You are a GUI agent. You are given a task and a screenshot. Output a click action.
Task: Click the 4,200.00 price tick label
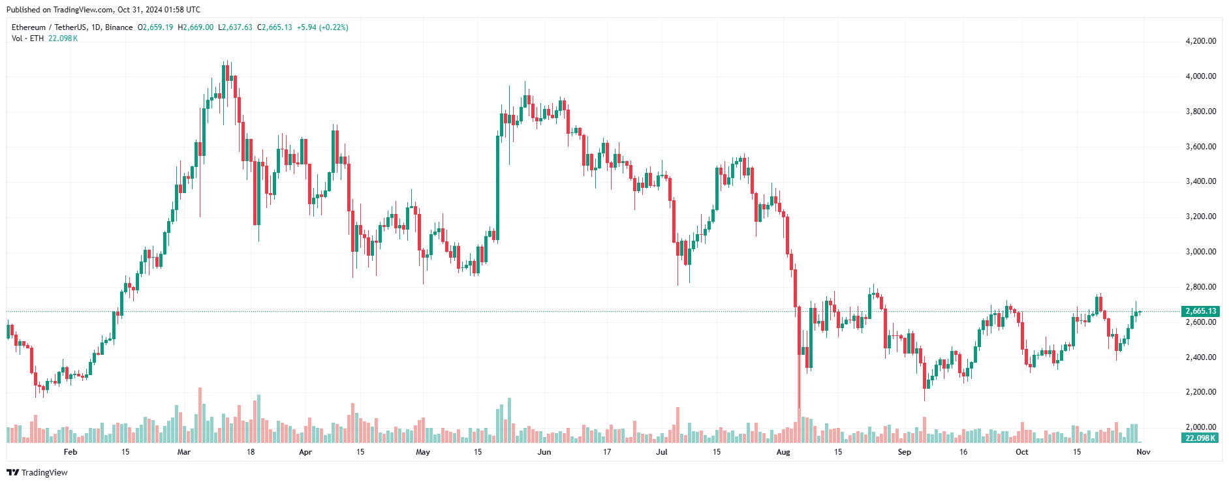pyautogui.click(x=1200, y=41)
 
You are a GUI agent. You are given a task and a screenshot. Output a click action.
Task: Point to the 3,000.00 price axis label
pyautogui.click(x=1200, y=252)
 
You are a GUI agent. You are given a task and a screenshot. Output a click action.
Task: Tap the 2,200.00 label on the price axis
pyautogui.click(x=1200, y=392)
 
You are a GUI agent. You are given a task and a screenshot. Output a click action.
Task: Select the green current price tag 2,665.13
pyautogui.click(x=1200, y=311)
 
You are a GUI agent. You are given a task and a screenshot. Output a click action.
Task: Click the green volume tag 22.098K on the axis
pyautogui.click(x=1200, y=438)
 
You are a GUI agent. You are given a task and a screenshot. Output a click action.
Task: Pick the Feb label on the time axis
pyautogui.click(x=70, y=452)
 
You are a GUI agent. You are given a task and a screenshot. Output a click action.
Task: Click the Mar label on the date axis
pyautogui.click(x=184, y=452)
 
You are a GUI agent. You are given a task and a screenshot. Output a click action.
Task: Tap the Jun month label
pyautogui.click(x=544, y=452)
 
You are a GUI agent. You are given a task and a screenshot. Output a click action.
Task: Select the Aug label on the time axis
pyautogui.click(x=783, y=452)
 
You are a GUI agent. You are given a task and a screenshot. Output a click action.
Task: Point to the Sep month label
pyautogui.click(x=904, y=452)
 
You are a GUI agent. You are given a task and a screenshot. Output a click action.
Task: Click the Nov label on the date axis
pyautogui.click(x=1143, y=452)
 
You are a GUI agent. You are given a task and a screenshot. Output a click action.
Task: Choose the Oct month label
pyautogui.click(x=1021, y=452)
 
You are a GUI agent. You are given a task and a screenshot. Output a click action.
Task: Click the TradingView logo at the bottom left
pyautogui.click(x=37, y=472)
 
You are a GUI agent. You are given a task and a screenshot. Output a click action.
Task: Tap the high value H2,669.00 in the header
pyautogui.click(x=196, y=27)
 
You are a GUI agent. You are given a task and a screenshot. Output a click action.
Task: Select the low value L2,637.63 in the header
pyautogui.click(x=235, y=27)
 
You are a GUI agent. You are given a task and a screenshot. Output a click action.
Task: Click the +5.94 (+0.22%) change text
pyautogui.click(x=322, y=27)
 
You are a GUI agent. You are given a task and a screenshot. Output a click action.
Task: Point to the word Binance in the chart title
pyautogui.click(x=119, y=27)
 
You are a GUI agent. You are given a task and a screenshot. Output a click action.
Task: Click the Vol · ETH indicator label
pyautogui.click(x=27, y=38)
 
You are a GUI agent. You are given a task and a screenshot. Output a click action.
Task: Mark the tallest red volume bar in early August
pyautogui.click(x=800, y=427)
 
